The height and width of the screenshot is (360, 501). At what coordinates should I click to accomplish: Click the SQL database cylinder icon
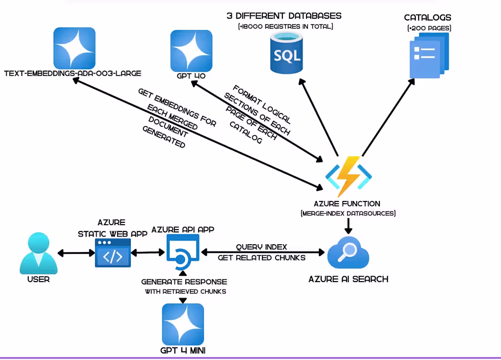pos(286,54)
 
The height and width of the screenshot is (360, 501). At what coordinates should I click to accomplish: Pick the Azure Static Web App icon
pos(112,253)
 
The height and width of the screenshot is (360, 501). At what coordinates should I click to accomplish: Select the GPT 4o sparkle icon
pos(191,51)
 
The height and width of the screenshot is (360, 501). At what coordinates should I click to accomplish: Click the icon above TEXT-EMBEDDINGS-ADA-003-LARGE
pos(74,48)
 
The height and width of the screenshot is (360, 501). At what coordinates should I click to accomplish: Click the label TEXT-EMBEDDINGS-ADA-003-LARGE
pos(72,73)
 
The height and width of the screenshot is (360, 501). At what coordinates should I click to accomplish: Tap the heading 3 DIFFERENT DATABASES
pos(284,16)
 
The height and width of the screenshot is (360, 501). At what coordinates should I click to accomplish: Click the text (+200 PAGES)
pos(428,28)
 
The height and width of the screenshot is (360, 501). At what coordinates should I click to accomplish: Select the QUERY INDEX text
pos(261,247)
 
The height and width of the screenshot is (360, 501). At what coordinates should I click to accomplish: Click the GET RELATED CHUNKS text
pos(261,257)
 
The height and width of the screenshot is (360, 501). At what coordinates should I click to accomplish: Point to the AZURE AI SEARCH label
pos(348,279)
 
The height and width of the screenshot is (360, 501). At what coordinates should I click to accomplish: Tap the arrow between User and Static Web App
pos(76,252)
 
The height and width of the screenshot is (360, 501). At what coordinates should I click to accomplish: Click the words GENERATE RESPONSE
pos(184,282)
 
